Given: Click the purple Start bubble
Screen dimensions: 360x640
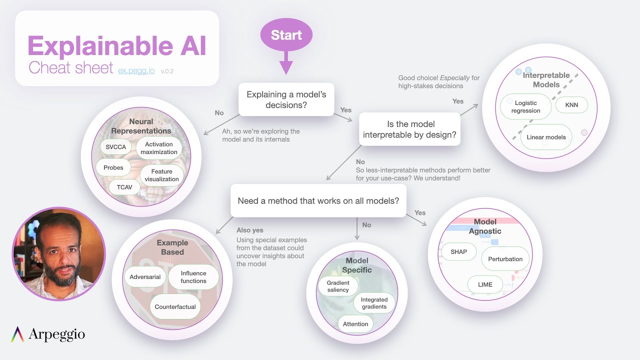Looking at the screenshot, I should (286, 35).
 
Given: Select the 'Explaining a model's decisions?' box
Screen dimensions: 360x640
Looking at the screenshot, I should (286, 99).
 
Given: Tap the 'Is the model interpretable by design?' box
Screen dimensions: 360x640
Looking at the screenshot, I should (409, 129).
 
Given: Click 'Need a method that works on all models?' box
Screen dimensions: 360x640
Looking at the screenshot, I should (318, 201).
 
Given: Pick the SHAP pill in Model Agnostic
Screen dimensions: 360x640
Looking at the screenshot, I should (458, 252).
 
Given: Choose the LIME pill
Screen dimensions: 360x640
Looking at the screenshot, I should (485, 284).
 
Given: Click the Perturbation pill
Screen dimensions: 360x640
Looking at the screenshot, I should (505, 259).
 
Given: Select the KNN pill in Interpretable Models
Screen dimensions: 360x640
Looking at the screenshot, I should (571, 105).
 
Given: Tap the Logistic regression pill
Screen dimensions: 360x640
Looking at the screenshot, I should (525, 107).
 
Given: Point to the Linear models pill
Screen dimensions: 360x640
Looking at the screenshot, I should (546, 137).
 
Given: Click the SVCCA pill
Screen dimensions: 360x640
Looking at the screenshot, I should (116, 147).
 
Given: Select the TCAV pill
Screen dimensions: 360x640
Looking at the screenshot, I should (124, 187).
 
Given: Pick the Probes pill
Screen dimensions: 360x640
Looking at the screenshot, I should (113, 168).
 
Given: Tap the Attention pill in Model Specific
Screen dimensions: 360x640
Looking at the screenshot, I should (355, 324).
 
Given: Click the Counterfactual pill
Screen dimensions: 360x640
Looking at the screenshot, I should (175, 307).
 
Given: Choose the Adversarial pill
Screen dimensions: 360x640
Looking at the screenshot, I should (145, 277).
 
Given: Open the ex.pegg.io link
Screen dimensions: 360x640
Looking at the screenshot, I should (136, 70).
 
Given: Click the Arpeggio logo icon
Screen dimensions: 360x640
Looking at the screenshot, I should (17, 334).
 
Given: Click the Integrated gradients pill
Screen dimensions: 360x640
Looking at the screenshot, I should (374, 303).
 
